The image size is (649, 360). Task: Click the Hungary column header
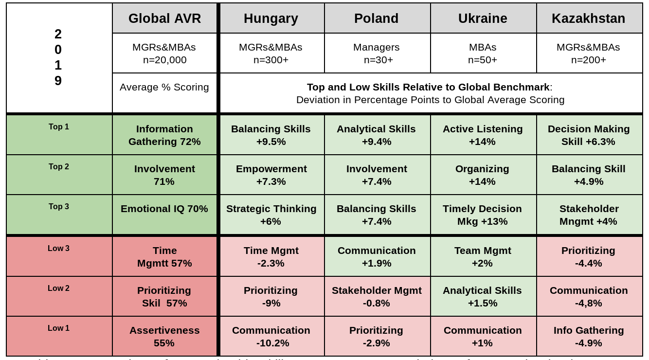pos(271,18)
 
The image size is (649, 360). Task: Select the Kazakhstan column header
pos(588,18)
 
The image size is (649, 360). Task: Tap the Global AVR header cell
pos(164,18)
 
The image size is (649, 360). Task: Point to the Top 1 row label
pos(59,127)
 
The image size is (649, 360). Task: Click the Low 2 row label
pos(59,288)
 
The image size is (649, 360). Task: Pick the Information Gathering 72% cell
pos(164,135)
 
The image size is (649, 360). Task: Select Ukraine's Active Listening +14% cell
pos(483,135)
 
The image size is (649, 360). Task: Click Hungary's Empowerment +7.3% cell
pos(271,175)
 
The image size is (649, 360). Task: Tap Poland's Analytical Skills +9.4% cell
pos(376,135)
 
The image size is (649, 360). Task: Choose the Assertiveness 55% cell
pos(164,337)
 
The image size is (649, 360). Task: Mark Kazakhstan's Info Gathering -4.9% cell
pos(588,337)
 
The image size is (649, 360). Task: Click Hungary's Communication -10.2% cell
pos(271,337)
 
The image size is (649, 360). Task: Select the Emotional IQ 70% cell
pos(164,209)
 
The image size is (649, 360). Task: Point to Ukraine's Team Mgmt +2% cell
pos(483,257)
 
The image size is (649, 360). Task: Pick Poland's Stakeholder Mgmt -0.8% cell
pos(376,297)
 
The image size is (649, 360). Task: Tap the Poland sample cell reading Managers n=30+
pos(376,54)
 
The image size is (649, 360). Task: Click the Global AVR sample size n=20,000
pos(164,60)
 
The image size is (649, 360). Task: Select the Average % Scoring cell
pos(164,87)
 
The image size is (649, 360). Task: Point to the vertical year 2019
pos(58,57)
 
